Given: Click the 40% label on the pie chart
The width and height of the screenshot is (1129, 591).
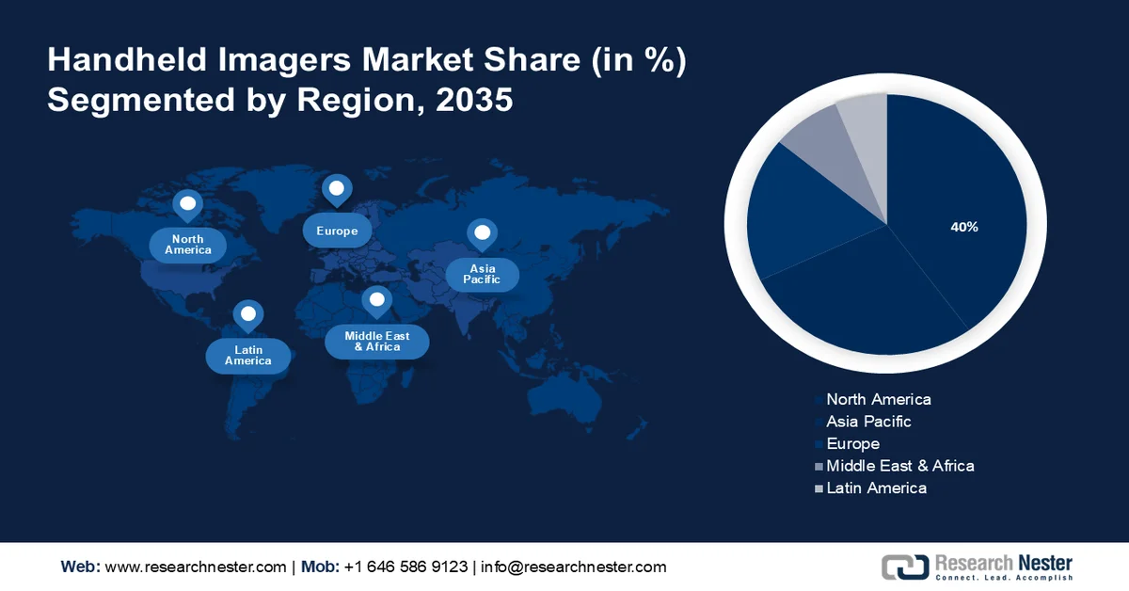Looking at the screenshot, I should pyautogui.click(x=964, y=227).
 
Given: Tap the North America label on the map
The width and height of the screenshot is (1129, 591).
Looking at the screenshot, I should pyautogui.click(x=188, y=245).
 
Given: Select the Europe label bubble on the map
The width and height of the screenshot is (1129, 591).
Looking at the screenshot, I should pyautogui.click(x=337, y=231).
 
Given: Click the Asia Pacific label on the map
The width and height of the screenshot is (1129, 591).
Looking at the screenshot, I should pyautogui.click(x=482, y=274).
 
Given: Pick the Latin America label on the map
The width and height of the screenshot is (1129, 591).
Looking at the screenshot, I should pyautogui.click(x=248, y=355).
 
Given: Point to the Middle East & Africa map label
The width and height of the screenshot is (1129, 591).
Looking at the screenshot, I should pyautogui.click(x=377, y=341).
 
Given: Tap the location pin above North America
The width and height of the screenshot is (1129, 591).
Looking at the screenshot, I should pyautogui.click(x=187, y=205).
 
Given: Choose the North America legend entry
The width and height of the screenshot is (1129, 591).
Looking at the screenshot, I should pyautogui.click(x=878, y=399).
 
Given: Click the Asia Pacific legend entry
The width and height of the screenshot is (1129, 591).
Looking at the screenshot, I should pyautogui.click(x=868, y=422).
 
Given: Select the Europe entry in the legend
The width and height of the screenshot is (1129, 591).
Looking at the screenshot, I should pyautogui.click(x=852, y=443).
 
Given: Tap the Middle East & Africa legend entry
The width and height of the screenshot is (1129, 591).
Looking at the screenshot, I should pyautogui.click(x=899, y=466).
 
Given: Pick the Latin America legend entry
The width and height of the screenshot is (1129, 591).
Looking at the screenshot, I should pyautogui.click(x=876, y=487).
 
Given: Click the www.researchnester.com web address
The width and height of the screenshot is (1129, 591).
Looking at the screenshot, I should pyautogui.click(x=195, y=567).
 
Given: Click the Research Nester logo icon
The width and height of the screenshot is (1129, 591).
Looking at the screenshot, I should pyautogui.click(x=904, y=567).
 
